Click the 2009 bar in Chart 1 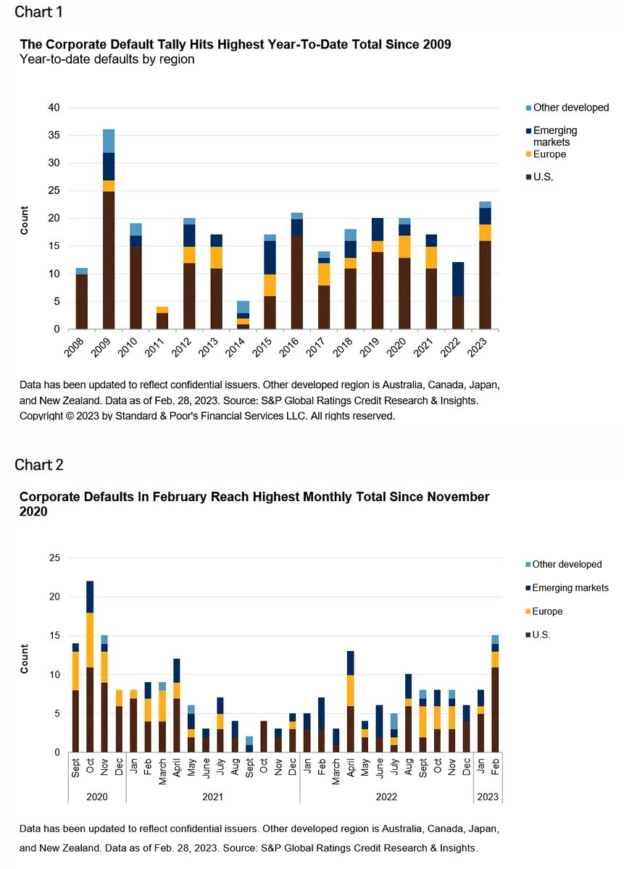pos(108,229)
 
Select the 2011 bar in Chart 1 pos(162,318)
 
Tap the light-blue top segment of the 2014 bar pos(243,307)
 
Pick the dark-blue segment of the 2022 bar pos(458,280)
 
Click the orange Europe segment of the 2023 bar pos(485,232)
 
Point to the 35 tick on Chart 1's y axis pos(54,135)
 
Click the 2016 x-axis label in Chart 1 pos(289,347)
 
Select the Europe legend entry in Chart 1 pos(546,154)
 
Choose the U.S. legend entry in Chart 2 pos(538,634)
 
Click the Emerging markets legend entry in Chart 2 pos(567,588)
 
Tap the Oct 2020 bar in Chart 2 pos(90,666)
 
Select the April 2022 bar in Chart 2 pos(351,702)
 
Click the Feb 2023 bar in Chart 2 pos(495,694)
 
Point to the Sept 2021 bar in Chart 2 pos(249,744)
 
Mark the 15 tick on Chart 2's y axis pos(55,635)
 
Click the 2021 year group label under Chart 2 pos(213,797)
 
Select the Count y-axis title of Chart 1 pos(24,220)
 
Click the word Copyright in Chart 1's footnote pos(41,416)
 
